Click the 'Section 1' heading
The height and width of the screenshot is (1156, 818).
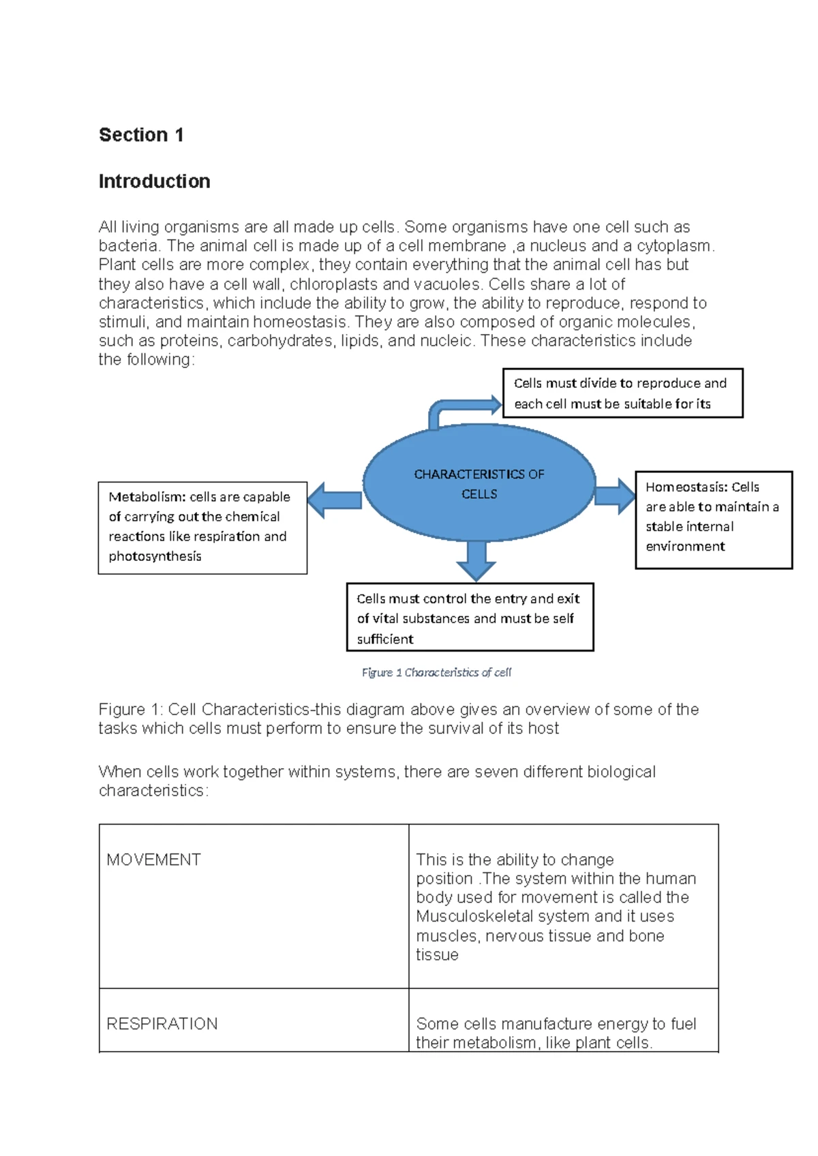click(x=141, y=135)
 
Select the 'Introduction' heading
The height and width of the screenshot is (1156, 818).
click(x=154, y=181)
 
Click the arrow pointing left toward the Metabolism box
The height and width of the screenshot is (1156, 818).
click(x=334, y=500)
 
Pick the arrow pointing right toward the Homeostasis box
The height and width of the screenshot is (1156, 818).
click(x=615, y=496)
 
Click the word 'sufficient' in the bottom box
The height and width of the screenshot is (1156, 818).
click(x=385, y=639)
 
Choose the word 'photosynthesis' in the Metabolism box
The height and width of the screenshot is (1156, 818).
click(x=155, y=556)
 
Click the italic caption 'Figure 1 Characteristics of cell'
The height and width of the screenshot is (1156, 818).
click(x=436, y=673)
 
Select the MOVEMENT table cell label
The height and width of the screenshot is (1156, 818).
click(x=153, y=860)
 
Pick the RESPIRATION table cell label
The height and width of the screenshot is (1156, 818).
click(x=162, y=1024)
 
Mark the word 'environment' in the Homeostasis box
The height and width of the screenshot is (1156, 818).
click(x=685, y=547)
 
